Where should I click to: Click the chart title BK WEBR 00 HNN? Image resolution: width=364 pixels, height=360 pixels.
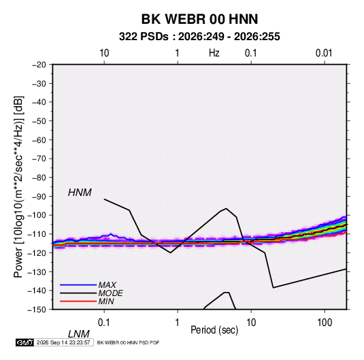(x=199, y=19)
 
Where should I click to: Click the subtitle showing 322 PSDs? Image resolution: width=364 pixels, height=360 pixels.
(x=199, y=37)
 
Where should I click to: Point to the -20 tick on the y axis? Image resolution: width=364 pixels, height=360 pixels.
(x=39, y=65)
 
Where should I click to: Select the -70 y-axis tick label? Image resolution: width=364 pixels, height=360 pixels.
(x=39, y=159)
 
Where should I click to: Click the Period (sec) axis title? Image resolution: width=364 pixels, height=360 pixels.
(x=214, y=330)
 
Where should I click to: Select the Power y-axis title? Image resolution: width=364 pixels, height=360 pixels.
(x=18, y=187)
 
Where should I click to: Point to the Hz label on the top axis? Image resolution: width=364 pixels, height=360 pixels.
(x=214, y=53)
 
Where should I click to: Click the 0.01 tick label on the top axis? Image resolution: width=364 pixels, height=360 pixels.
(x=324, y=53)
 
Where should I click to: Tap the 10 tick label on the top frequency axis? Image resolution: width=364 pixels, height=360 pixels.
(x=104, y=53)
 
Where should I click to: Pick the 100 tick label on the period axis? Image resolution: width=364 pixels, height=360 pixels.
(x=325, y=323)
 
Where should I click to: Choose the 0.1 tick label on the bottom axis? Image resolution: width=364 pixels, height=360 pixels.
(x=104, y=323)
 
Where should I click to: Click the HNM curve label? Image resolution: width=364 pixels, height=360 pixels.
(x=80, y=193)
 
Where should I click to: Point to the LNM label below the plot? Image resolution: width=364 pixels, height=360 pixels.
(x=78, y=334)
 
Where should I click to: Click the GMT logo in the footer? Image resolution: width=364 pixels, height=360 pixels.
(x=25, y=342)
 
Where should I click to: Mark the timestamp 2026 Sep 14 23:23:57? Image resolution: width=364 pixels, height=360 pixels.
(x=63, y=342)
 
